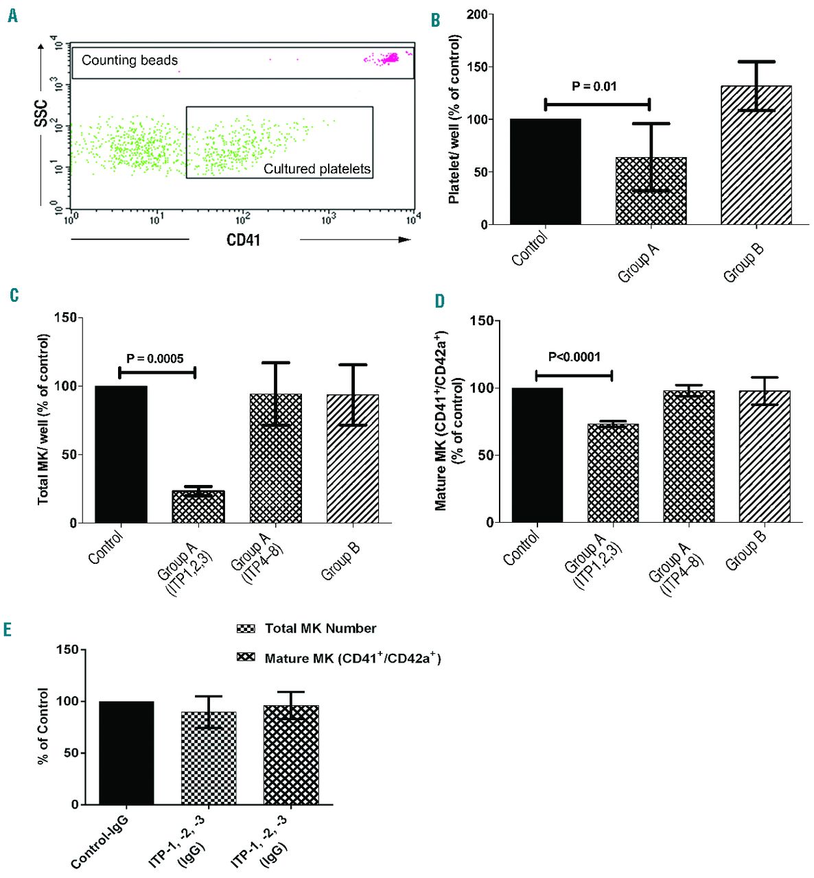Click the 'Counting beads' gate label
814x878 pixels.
coord(130,60)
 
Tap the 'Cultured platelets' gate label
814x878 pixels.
coord(317,169)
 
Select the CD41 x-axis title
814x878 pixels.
coord(243,240)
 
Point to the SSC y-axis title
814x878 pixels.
coord(42,113)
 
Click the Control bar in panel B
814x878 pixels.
coord(546,171)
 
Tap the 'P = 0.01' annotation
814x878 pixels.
coord(594,86)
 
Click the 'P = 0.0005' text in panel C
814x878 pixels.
coord(155,358)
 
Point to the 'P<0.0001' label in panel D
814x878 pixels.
coord(574,357)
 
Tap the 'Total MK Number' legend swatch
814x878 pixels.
coord(246,628)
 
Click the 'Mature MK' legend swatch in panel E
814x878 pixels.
coord(246,658)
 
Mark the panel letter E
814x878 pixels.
coord(8,630)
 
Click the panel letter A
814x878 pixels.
coord(12,16)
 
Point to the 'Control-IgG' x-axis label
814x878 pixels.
coord(100,842)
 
